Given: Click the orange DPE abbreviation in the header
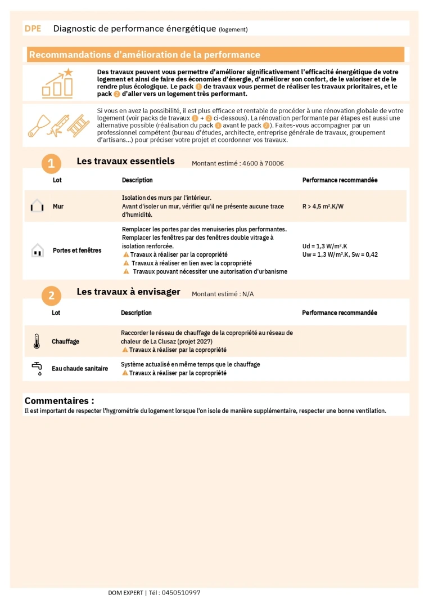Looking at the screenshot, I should click(33, 28).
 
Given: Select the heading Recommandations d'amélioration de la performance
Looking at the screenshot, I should click(144, 55).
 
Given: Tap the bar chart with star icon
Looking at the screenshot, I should click(57, 83).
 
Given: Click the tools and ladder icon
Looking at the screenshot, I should click(58, 125).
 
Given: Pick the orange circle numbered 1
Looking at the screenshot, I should click(51, 164).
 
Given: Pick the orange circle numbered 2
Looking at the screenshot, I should click(51, 295).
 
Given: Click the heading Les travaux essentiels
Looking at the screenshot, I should click(125, 161).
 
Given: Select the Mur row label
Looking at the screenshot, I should click(58, 207).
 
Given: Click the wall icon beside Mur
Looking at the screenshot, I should click(37, 206).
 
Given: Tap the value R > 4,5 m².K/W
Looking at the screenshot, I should click(323, 207).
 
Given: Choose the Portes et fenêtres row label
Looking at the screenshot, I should click(77, 250).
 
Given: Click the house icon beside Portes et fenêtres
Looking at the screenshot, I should click(37, 250).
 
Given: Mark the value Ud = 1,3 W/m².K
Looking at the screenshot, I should click(324, 246).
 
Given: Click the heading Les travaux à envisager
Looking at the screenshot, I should click(128, 292).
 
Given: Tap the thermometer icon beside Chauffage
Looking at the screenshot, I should click(37, 341).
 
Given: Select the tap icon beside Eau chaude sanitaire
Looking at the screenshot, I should click(37, 369).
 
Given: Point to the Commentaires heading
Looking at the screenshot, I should click(59, 401).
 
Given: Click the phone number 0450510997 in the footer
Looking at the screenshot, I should click(180, 593).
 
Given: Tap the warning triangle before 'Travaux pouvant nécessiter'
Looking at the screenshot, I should click(126, 271).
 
